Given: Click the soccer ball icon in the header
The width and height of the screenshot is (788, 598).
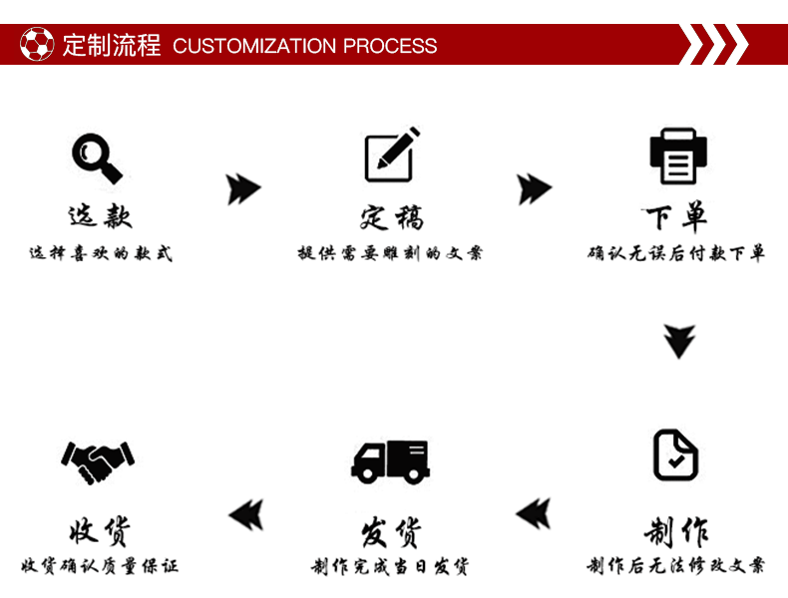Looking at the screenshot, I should click(x=39, y=45).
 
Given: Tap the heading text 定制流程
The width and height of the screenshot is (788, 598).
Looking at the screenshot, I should click(x=111, y=45).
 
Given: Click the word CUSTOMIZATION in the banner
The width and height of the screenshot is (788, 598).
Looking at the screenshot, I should click(x=254, y=46).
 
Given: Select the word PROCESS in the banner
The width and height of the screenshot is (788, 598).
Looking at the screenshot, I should click(x=390, y=46).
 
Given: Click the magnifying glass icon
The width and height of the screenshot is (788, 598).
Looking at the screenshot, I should click(x=97, y=157).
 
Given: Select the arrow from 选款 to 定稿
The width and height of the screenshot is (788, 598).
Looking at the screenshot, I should click(x=242, y=188).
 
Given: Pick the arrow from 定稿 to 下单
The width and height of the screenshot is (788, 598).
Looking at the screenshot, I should click(x=534, y=188).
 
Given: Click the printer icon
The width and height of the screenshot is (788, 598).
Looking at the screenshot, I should click(x=678, y=156).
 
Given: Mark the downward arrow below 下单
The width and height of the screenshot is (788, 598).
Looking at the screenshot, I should click(x=679, y=341).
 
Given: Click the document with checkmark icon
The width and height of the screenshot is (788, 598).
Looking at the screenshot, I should click(x=675, y=455).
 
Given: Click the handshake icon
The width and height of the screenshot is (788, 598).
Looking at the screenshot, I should click(x=98, y=458).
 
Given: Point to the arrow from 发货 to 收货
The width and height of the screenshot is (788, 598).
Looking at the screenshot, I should click(x=245, y=514).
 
